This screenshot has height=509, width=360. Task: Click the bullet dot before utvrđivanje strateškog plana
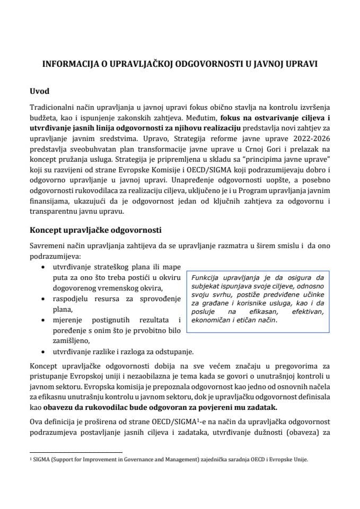point(43,268)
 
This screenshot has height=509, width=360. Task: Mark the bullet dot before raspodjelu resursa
point(43,299)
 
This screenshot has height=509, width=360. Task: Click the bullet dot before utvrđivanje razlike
point(43,350)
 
